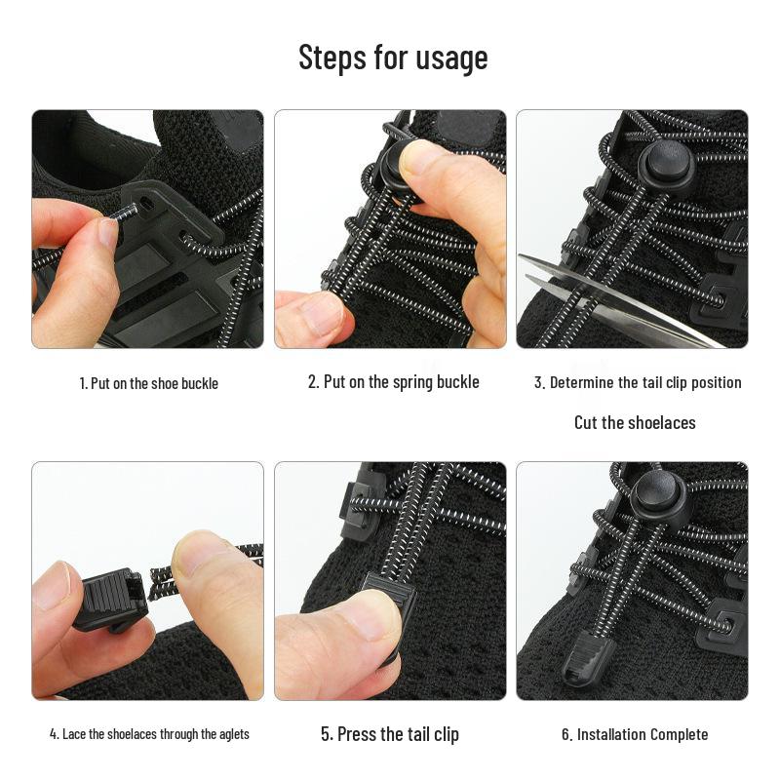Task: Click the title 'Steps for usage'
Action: click(392, 58)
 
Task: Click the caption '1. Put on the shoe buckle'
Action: click(148, 383)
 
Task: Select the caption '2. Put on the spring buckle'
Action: click(393, 381)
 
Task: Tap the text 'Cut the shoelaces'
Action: click(634, 422)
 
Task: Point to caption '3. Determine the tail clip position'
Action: click(637, 382)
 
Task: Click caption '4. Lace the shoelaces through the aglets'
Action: click(149, 734)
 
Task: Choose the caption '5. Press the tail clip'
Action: click(389, 734)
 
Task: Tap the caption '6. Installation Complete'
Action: click(634, 734)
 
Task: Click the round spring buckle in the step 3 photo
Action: click(666, 166)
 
